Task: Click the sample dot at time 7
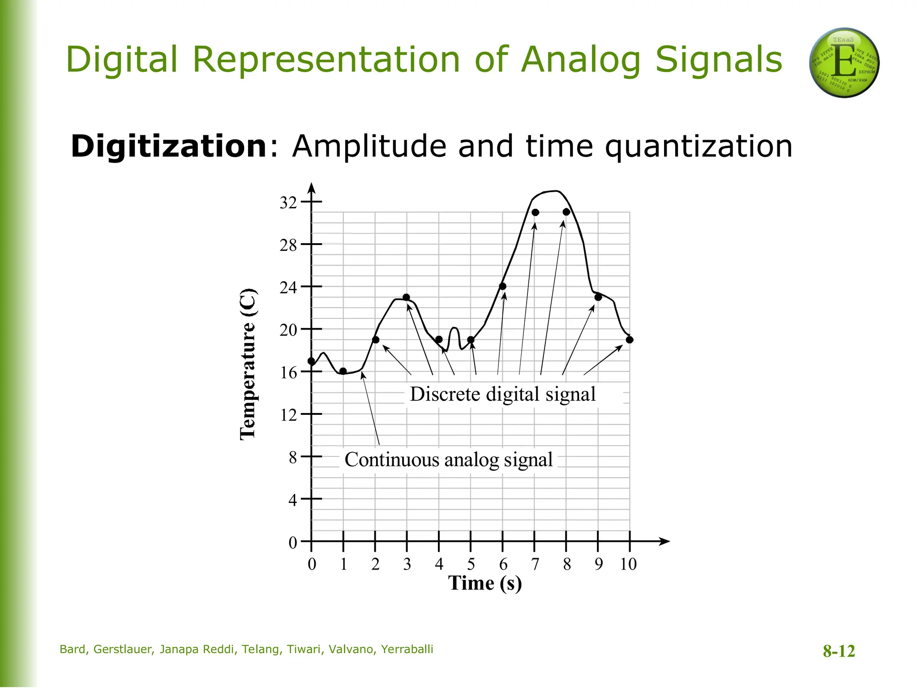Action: pos(535,212)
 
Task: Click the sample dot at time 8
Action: pos(566,212)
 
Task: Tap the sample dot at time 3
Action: pos(407,297)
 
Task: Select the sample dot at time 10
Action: pos(630,340)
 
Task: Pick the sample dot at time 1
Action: pos(343,371)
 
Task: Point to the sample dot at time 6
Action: pos(502,286)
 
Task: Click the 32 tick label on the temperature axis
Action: pos(288,203)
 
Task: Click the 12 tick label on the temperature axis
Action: pos(288,415)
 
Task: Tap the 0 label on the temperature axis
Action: pos(292,543)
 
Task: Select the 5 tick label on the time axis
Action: pos(471,564)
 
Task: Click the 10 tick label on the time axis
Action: pos(628,564)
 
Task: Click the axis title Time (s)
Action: pos(485,584)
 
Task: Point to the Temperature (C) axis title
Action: pos(248,364)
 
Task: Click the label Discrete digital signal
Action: pos(502,395)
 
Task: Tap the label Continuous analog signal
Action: pos(448,460)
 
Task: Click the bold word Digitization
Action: pos(169,146)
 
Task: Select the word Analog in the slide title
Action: pos(581,60)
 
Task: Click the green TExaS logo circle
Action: pos(844,63)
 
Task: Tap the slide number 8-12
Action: pos(839,651)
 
